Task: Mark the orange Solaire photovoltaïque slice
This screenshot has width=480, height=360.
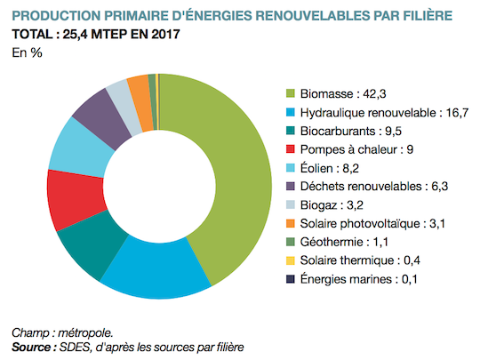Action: (141, 102)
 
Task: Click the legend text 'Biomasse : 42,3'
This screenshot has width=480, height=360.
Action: (343, 93)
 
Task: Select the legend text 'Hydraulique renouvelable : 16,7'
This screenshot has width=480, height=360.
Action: (384, 112)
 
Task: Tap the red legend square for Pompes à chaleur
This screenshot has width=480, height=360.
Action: (290, 149)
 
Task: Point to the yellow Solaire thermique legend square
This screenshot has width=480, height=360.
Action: (290, 260)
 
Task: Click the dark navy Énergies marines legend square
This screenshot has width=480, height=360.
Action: (290, 279)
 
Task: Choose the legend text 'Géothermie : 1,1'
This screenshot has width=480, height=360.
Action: (344, 242)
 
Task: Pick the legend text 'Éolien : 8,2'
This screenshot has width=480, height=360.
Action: (330, 168)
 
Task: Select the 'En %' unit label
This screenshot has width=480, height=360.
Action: (27, 52)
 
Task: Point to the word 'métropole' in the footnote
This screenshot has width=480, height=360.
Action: (85, 332)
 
